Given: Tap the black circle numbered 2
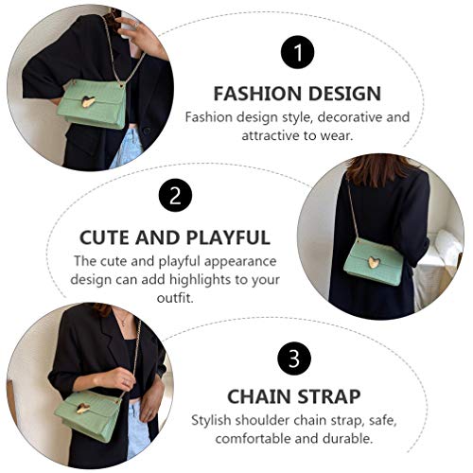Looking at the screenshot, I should [x=174, y=197].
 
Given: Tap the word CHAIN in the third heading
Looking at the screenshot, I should [x=259, y=397].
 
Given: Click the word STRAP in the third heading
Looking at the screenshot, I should [x=331, y=397].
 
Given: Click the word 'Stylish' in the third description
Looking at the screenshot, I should [x=214, y=419].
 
